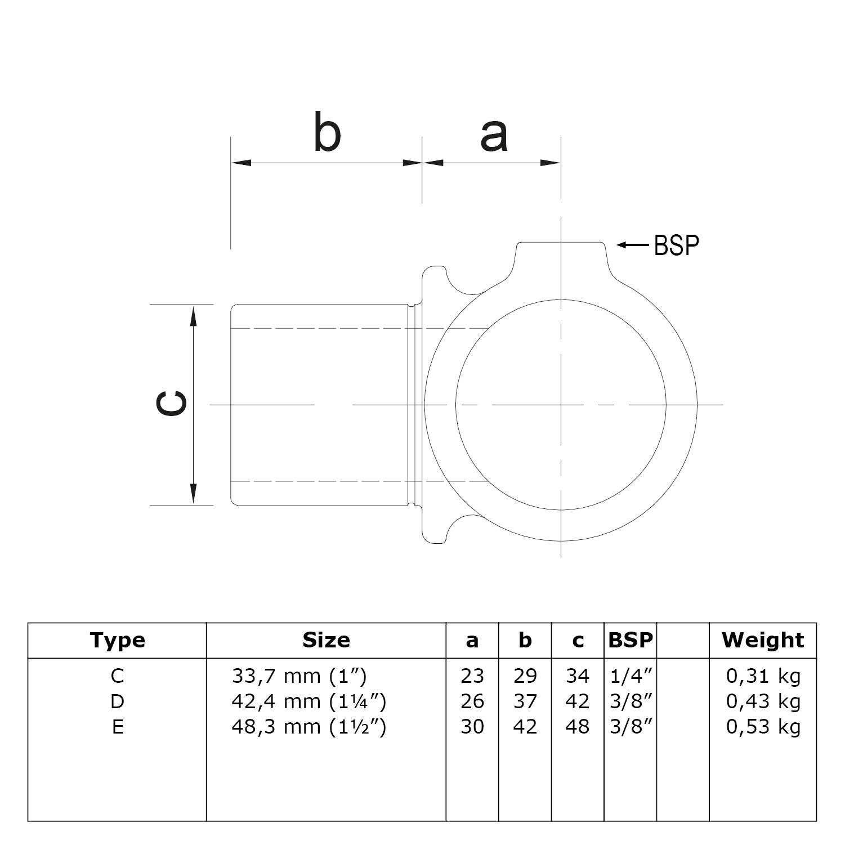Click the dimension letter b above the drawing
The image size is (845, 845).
[x=327, y=133]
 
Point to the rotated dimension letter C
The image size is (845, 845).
[x=171, y=404]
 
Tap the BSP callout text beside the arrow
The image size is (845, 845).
[x=676, y=245]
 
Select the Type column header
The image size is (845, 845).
[x=117, y=640]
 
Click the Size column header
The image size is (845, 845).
[x=326, y=640]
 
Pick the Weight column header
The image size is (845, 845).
[x=763, y=640]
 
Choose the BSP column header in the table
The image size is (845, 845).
[x=631, y=640]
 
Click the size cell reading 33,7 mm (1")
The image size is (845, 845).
[x=299, y=676]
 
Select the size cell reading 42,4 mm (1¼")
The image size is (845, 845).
[x=309, y=701]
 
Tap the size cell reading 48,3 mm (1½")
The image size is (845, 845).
[x=309, y=727]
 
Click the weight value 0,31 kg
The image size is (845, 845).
[x=763, y=676]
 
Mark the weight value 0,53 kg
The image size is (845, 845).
[x=763, y=727]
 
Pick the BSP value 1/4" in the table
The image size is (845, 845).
[x=631, y=676]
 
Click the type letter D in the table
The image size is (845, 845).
[x=117, y=701]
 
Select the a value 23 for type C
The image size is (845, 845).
[x=472, y=676]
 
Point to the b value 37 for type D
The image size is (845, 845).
[x=525, y=701]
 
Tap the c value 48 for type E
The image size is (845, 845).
[x=578, y=727]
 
